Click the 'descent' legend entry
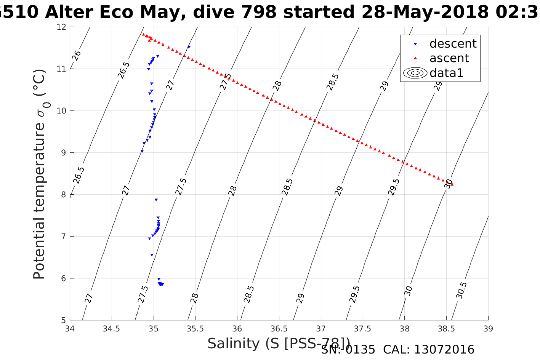453,44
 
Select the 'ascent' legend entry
449,58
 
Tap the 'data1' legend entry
446,73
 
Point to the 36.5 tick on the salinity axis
279,329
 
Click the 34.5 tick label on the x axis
112,329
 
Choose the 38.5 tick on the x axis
446,329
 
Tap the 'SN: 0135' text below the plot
348,349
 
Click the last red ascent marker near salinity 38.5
452,184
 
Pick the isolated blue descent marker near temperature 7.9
156,200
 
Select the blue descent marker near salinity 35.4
189,47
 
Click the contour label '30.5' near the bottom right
461,290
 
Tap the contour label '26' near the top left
77,55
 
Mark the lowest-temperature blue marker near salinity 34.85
142,151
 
